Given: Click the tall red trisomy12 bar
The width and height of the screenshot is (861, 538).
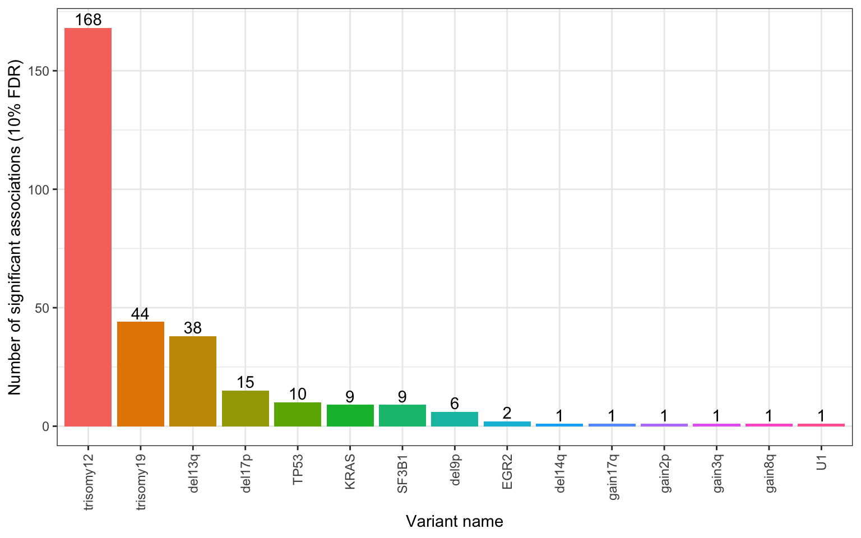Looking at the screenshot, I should point(88,227).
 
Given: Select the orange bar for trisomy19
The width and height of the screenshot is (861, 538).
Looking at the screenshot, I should point(140,374).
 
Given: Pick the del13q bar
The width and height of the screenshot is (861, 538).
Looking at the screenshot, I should point(193,381).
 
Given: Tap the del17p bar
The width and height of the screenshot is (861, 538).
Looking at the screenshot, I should point(245,409).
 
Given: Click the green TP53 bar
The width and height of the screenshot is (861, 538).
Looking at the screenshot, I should point(298,414).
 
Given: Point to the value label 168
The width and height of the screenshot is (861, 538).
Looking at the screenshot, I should point(88,20).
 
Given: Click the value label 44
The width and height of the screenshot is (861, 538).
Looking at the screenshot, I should point(140,314).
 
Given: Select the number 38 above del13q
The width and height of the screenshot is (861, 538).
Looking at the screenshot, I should point(193,328).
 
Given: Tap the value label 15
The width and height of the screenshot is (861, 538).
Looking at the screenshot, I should point(245,382).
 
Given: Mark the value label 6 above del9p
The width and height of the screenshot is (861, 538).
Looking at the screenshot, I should point(455,403).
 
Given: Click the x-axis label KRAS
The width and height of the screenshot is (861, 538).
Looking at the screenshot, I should point(350,472).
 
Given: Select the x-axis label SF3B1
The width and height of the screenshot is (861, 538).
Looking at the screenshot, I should point(402,474).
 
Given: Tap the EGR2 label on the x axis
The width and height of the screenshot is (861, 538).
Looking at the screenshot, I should point(507,472).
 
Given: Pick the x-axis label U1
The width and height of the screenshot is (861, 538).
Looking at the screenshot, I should point(822,463).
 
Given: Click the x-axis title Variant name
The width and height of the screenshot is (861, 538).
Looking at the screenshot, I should point(454,522).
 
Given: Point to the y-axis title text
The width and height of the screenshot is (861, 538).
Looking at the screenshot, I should point(15,226).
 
